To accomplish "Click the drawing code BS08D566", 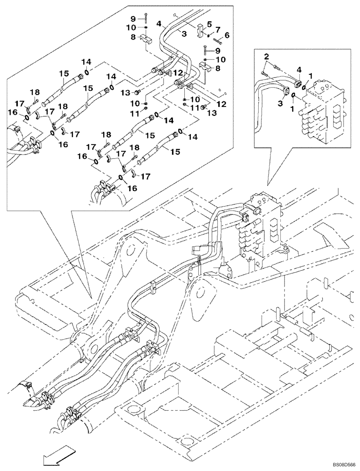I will click(336, 464).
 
